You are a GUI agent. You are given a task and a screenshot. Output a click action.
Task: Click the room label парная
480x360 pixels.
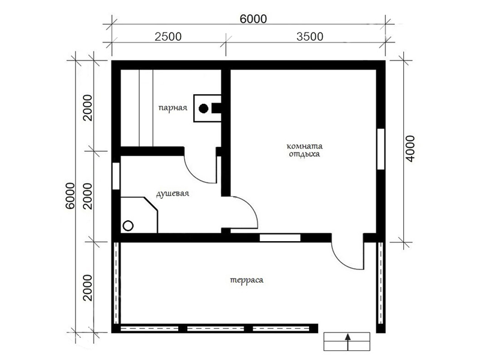point(173,108)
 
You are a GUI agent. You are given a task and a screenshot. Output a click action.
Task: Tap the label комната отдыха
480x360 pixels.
point(305,150)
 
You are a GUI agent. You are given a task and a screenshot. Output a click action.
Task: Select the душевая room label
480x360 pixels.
point(173,194)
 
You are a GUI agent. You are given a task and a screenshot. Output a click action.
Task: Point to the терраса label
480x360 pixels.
point(247,280)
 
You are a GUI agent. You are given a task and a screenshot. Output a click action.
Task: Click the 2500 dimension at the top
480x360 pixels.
point(168,37)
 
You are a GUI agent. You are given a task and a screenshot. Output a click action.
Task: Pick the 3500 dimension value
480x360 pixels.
point(310,37)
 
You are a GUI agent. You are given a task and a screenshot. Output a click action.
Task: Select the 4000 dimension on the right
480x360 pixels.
point(410,149)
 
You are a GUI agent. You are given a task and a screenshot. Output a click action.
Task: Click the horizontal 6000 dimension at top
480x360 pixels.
point(253,19)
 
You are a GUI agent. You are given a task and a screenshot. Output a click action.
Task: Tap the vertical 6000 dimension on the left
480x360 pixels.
point(70,196)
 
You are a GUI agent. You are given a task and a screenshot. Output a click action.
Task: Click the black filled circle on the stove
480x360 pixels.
point(203,109)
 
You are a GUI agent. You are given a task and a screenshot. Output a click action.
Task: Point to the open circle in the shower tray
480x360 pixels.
point(128,226)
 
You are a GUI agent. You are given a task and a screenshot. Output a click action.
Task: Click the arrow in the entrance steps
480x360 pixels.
point(347,341)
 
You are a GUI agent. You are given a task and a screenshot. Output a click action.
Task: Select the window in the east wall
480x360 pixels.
point(381,149)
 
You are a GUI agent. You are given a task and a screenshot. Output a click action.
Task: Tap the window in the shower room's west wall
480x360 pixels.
point(116,176)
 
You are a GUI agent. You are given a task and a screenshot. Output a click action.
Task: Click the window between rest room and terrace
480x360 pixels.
point(280,238)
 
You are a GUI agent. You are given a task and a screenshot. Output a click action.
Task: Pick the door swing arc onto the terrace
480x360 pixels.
point(341,261)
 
